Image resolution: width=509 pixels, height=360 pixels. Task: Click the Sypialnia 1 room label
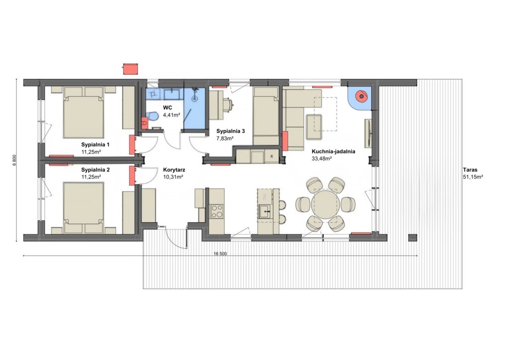click(x=95, y=145)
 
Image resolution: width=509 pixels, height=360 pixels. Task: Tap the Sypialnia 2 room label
click(x=95, y=170)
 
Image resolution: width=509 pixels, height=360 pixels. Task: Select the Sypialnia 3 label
click(x=231, y=131)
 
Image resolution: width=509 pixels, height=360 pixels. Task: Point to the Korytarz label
click(x=174, y=170)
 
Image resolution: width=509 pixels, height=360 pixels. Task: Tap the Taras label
click(x=470, y=170)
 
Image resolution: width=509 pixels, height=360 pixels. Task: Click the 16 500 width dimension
click(x=220, y=254)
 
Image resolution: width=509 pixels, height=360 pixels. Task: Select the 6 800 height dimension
click(x=14, y=160)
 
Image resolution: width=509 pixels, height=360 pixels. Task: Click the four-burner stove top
click(x=217, y=211)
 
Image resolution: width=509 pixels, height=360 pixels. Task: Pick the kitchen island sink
click(x=264, y=212)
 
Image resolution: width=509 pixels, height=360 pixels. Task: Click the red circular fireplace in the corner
click(x=361, y=96)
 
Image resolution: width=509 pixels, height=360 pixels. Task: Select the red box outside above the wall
click(x=131, y=69)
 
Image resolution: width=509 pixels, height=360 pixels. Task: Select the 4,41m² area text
click(x=171, y=115)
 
